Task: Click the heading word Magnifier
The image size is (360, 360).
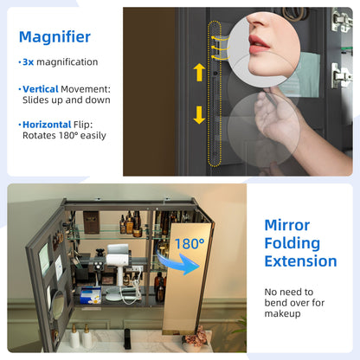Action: point(55,37)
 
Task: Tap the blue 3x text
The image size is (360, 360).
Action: point(29,62)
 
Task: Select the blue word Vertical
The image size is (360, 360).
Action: point(41,89)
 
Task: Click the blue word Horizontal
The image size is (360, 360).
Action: point(47,125)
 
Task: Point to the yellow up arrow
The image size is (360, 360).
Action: point(199,72)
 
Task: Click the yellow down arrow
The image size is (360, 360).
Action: point(199,115)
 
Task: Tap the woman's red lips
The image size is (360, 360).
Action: point(259,44)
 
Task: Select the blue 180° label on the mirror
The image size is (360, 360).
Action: point(190,244)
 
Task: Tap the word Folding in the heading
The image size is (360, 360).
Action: point(292,244)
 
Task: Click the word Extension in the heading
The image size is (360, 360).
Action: point(300,261)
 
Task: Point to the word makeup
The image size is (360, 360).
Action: point(282,313)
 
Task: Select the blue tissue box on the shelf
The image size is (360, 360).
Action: point(90,295)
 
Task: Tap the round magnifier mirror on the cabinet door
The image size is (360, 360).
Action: point(58,305)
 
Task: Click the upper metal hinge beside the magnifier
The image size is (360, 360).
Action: point(341,20)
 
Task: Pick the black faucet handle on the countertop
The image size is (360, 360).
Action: point(127,338)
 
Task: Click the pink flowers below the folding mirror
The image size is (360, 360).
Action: point(196,338)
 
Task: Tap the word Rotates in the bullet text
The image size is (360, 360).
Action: point(39,135)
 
